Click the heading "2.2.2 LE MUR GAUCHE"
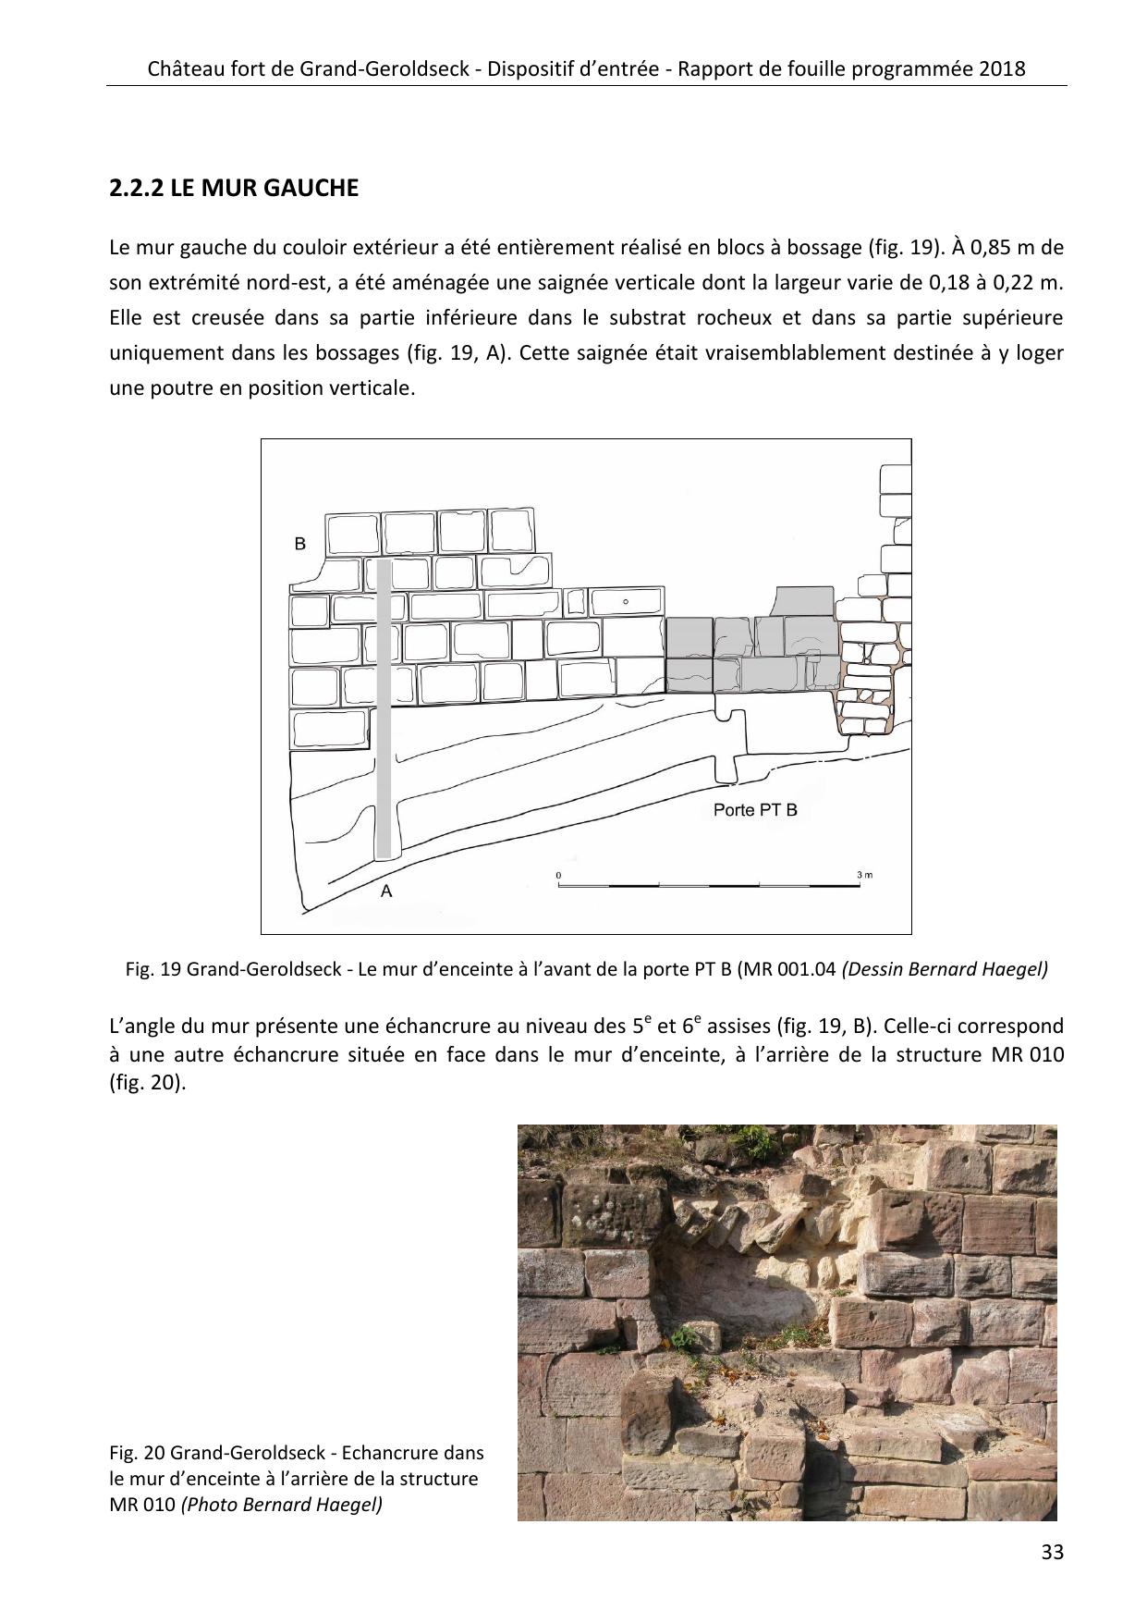tap(233, 189)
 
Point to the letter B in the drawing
tap(299, 544)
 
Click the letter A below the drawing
tap(387, 891)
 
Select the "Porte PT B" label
tap(755, 810)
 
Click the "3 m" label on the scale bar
tap(864, 874)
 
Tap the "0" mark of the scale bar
tap(558, 874)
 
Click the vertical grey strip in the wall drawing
tap(384, 707)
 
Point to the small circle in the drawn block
tap(626, 602)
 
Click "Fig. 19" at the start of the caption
tap(153, 969)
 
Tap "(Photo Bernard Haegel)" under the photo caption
tap(282, 1505)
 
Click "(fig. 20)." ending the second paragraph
tap(148, 1083)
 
